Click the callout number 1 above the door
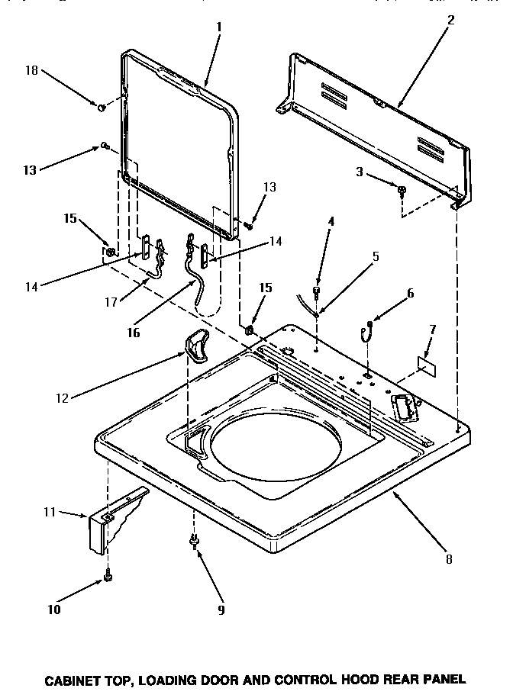(x=219, y=26)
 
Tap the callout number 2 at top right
(x=451, y=21)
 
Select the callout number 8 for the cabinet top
(x=449, y=559)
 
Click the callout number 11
(x=50, y=512)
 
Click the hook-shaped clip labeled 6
(x=367, y=330)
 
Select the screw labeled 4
(x=318, y=293)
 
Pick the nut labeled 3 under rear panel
(x=401, y=188)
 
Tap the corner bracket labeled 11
(x=115, y=521)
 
